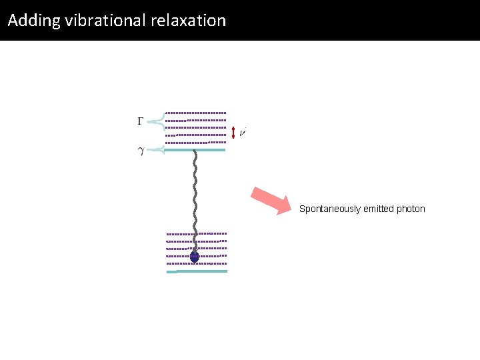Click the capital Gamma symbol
click(141, 121)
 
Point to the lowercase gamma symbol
click(141, 151)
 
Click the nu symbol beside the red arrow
click(243, 133)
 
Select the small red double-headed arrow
click(233, 133)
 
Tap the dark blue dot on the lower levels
click(195, 257)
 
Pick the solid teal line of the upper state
click(195, 151)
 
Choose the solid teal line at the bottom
click(197, 271)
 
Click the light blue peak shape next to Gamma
click(157, 121)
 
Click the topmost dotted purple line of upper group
click(195, 113)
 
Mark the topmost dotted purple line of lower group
click(197, 234)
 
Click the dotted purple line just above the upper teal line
click(195, 143)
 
